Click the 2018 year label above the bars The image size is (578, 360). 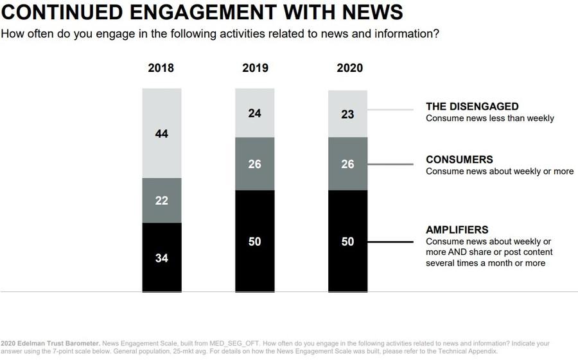coord(162,69)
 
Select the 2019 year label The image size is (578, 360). coord(255,69)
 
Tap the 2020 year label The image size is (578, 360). coord(348,69)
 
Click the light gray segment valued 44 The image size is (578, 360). coord(162,133)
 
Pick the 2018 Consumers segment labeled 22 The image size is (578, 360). coord(162,200)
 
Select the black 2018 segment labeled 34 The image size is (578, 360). coord(162,257)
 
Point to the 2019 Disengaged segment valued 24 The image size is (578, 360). coord(255,114)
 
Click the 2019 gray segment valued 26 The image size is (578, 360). coord(255,164)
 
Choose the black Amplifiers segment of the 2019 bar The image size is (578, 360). coord(255,241)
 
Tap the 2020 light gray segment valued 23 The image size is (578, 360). coord(348,114)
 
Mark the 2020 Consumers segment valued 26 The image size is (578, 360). coord(348,164)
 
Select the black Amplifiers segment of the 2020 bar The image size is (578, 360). coord(348,241)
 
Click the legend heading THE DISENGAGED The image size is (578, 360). coord(472,107)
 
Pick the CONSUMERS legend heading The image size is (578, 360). coord(459,160)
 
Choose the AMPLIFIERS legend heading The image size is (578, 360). coord(457,230)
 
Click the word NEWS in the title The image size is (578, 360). coord(371,12)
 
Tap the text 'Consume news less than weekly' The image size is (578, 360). coord(489,118)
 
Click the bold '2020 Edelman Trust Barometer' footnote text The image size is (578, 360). coord(49,343)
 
